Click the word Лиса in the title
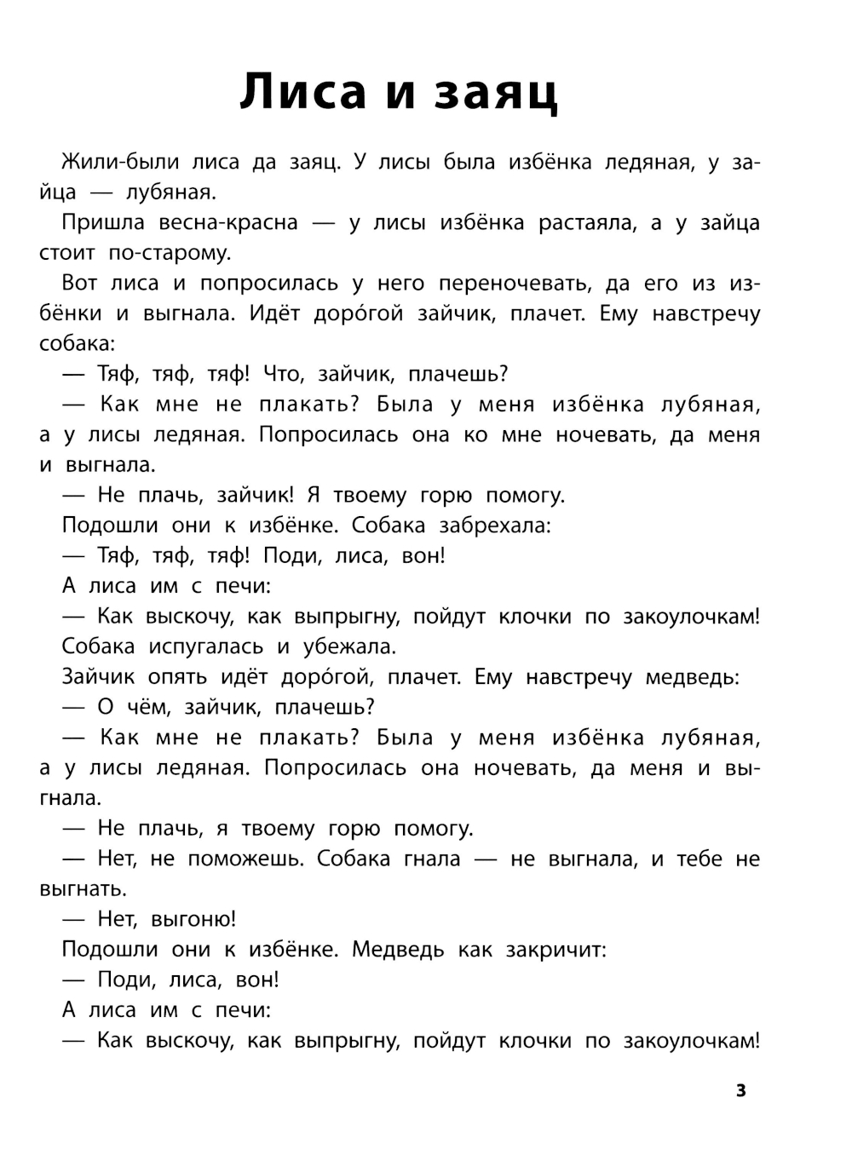click(x=302, y=91)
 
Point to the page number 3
click(x=740, y=1090)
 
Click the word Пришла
click(x=103, y=223)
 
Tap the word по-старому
click(x=169, y=253)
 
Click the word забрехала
click(x=495, y=526)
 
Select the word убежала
click(x=349, y=646)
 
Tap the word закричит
click(x=556, y=949)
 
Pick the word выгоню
click(x=193, y=919)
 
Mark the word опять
click(x=177, y=677)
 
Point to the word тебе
click(x=699, y=859)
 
